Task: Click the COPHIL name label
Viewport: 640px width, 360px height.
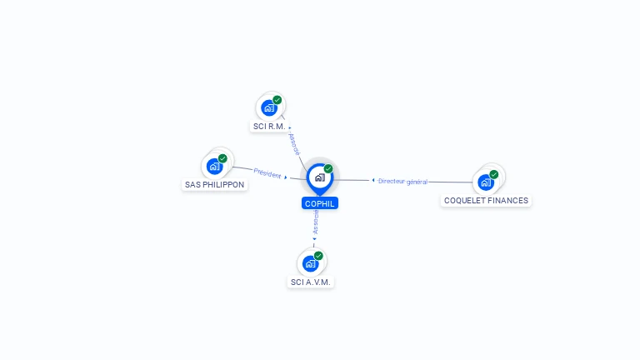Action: coord(320,203)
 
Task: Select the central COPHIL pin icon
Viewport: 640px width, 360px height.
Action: coord(319,177)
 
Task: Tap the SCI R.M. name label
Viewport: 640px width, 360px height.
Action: coord(269,127)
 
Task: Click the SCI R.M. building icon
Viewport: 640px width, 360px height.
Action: coord(268,107)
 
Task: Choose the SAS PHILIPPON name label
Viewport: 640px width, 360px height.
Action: coord(215,185)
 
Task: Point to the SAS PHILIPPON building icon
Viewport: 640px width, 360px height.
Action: coord(214,166)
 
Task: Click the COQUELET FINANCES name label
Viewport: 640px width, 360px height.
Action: coord(487,201)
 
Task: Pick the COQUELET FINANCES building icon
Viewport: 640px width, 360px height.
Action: coord(485,182)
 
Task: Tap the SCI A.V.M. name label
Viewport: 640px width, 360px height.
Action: coord(311,282)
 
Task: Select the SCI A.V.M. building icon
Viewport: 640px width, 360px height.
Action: coord(310,263)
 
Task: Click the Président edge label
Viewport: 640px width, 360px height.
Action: coord(267,173)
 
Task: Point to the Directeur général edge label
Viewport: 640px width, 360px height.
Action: coord(402,181)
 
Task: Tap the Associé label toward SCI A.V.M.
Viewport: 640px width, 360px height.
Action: coord(315,222)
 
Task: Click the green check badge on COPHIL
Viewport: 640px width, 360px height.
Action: coord(328,169)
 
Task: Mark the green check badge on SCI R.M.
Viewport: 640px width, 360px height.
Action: coord(277,100)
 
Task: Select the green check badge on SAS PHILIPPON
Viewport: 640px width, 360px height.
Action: coord(222,158)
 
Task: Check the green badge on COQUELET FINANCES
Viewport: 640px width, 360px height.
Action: coord(494,174)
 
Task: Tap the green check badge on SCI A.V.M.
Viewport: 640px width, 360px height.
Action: coord(318,256)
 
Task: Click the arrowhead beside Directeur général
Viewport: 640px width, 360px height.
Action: coord(373,180)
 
